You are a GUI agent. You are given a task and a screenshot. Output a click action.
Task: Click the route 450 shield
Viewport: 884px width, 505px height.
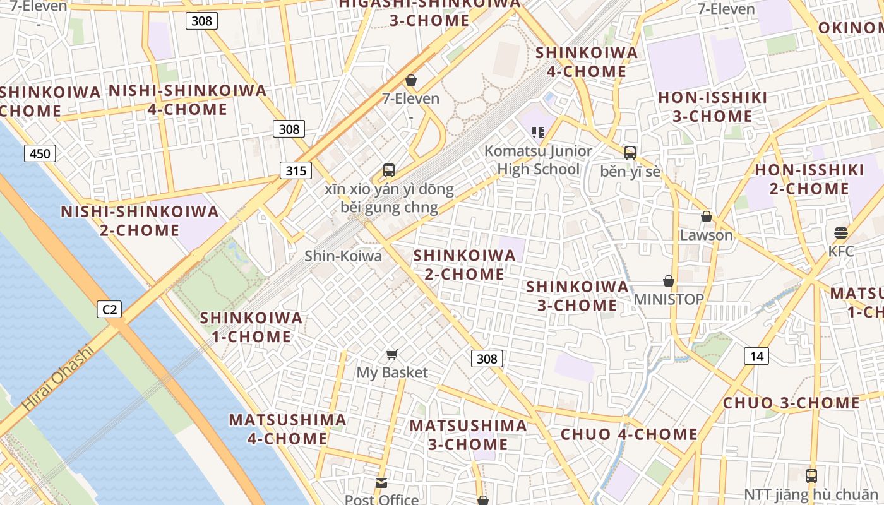[40, 153]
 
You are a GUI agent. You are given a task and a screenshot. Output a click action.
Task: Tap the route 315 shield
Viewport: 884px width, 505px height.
[295, 170]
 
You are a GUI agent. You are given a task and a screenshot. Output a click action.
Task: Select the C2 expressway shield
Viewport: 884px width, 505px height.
[110, 309]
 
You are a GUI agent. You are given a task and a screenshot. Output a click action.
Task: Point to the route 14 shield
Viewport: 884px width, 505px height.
[756, 356]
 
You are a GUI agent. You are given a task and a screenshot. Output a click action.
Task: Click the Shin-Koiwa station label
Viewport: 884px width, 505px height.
[343, 256]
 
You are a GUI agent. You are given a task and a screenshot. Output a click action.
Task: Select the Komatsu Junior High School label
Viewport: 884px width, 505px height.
[538, 160]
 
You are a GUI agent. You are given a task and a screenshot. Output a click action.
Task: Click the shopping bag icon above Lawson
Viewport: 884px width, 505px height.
[707, 217]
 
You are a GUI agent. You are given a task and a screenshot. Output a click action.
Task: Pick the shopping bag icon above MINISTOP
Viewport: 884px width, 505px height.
[668, 281]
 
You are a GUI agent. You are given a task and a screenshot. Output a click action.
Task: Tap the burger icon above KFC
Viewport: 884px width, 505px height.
[840, 233]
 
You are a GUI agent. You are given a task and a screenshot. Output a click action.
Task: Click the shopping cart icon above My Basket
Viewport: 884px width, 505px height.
[392, 355]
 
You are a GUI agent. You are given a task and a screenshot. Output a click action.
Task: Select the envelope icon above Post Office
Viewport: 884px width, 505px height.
[381, 483]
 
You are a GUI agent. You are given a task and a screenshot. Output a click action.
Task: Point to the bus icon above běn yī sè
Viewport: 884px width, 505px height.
[630, 152]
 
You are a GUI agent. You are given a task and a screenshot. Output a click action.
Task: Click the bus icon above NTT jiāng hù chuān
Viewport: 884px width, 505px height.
[811, 475]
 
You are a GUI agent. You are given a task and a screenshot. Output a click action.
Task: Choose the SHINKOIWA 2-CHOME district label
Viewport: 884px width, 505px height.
[464, 264]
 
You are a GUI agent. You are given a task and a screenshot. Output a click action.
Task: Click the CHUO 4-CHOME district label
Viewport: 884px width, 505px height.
[629, 434]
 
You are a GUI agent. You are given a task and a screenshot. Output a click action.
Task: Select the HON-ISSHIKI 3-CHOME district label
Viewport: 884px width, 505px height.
[712, 107]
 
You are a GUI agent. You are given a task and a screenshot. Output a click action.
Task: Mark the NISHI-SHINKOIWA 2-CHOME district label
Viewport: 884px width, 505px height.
[140, 220]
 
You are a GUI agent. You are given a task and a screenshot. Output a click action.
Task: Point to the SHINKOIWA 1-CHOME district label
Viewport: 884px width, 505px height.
[251, 327]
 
